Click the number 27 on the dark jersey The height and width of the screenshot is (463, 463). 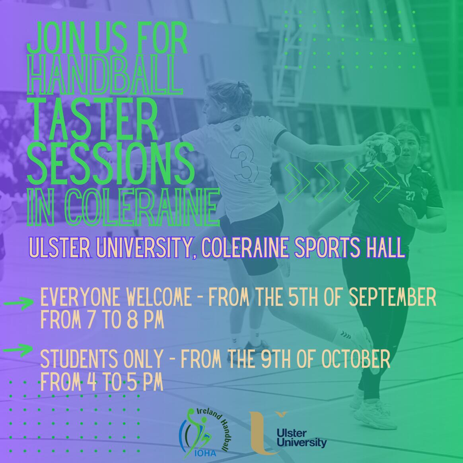pos(410,195)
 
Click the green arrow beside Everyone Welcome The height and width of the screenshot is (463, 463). pos(19,303)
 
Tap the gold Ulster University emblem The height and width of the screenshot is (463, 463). pos(266,433)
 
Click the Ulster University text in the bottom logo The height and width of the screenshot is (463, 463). pos(306,438)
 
